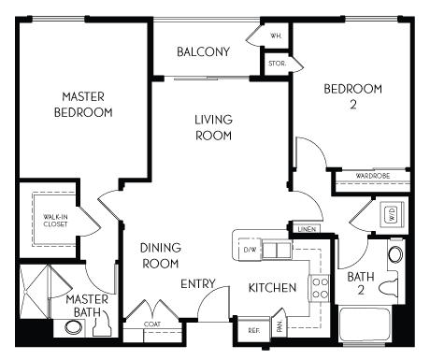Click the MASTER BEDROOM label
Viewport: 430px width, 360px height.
tap(87, 104)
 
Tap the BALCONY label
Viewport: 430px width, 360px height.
tap(203, 51)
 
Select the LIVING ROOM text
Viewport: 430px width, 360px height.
tap(213, 127)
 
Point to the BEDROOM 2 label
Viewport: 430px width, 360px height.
tap(352, 96)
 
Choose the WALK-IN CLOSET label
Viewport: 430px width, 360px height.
tap(55, 220)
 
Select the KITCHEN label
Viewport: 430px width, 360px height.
tap(272, 287)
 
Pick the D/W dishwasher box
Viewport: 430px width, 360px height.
tap(250, 250)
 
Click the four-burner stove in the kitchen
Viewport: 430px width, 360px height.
tap(318, 288)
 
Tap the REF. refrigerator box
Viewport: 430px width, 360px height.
tap(253, 329)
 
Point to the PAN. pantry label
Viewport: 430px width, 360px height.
tap(279, 328)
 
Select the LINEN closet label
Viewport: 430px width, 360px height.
tap(305, 228)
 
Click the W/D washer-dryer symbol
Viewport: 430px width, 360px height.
tap(393, 215)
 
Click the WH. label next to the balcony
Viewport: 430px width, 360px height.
tap(276, 36)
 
